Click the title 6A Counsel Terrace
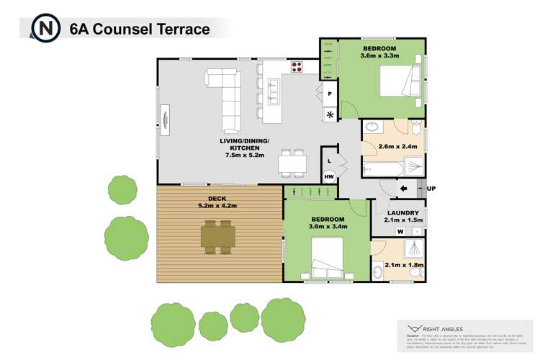tap(140, 30)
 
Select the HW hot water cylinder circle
tap(329, 176)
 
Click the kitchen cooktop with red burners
tap(297, 66)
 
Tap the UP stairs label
tap(431, 189)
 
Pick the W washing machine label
tap(398, 230)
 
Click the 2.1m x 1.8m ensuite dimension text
tap(404, 265)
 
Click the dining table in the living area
tap(293, 163)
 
